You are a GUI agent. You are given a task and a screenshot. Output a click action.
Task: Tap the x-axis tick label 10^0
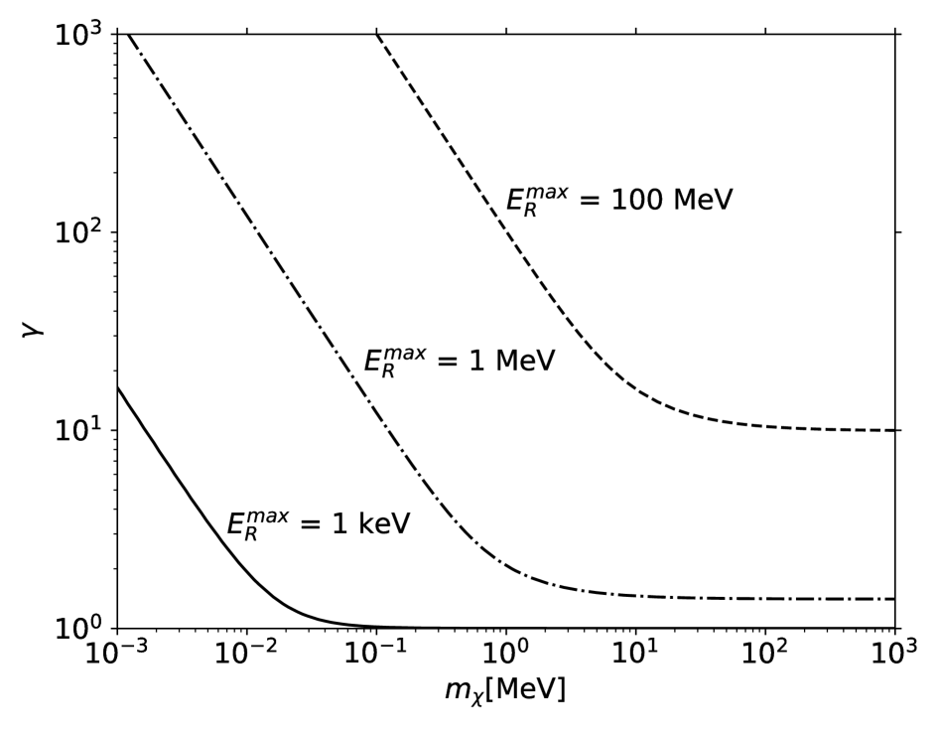[506, 660]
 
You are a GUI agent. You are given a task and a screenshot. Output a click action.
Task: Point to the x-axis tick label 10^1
[635, 660]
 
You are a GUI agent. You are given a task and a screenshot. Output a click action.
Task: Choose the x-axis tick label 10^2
[765, 660]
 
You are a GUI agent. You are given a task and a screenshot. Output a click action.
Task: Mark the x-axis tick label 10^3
[894, 660]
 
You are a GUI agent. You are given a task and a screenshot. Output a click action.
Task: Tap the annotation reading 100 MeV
[614, 200]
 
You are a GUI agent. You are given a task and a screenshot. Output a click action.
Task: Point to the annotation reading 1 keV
[313, 521]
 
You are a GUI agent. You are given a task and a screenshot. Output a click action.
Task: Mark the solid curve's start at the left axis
[119, 388]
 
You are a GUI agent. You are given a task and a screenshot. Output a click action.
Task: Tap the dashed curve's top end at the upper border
[377, 35]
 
